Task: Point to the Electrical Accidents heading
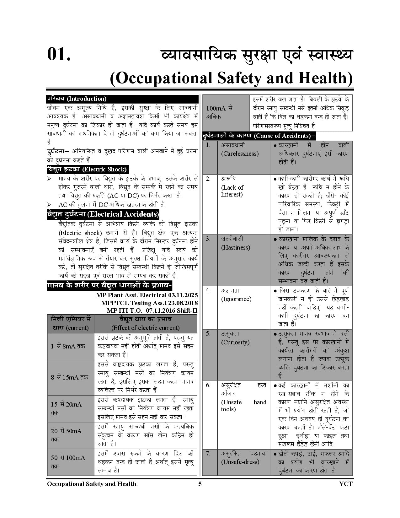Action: coord(103,214)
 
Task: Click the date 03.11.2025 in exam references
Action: coord(183,295)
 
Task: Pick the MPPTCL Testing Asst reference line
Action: coord(149,303)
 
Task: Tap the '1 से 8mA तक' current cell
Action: coord(68,346)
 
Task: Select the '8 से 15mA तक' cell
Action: coord(69,377)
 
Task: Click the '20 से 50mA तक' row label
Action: coord(66,435)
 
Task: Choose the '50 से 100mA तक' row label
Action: coord(68,462)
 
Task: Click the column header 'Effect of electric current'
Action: coord(146,328)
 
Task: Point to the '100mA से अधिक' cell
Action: coord(219,112)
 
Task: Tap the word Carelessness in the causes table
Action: coord(240,154)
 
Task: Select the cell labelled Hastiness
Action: coord(235,248)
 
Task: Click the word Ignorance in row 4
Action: coord(236,299)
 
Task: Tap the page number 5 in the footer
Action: coord(200,484)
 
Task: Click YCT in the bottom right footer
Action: coord(345,484)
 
